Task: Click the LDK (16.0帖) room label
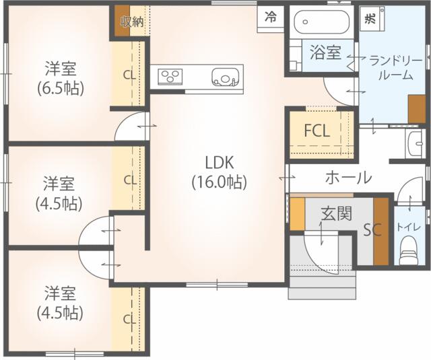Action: tap(219, 172)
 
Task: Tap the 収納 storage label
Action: tap(133, 22)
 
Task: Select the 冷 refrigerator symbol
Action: tap(270, 17)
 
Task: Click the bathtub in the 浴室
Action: tap(321, 22)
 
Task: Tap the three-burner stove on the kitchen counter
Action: tap(170, 76)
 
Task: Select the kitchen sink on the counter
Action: tap(224, 77)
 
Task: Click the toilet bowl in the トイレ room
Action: tap(409, 250)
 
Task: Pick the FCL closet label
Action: tap(317, 131)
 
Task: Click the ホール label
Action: tap(349, 178)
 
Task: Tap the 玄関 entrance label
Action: tap(337, 213)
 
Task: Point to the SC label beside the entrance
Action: tap(372, 230)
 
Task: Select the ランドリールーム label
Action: tap(396, 67)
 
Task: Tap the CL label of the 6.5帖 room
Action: tap(129, 75)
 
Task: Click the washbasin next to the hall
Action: tap(415, 143)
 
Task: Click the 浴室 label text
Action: tap(325, 52)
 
